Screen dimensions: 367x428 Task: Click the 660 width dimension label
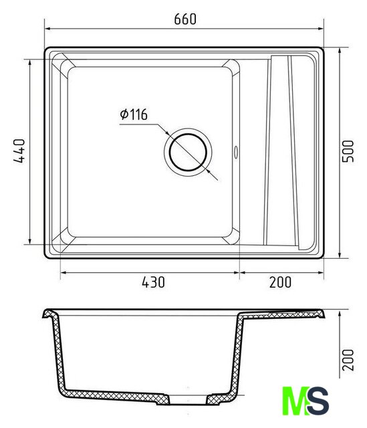click(x=185, y=19)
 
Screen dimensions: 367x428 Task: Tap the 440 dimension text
click(x=19, y=151)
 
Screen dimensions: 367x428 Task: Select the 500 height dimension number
click(x=348, y=151)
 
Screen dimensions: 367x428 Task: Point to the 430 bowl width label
click(x=153, y=282)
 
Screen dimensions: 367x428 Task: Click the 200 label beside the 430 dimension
click(x=281, y=282)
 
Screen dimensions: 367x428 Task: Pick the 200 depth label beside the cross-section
click(x=348, y=360)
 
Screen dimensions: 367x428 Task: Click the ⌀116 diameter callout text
click(x=134, y=114)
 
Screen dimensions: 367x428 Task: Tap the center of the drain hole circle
click(x=188, y=152)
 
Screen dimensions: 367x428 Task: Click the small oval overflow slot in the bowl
click(x=236, y=152)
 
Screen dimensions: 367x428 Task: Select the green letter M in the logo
click(x=295, y=401)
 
